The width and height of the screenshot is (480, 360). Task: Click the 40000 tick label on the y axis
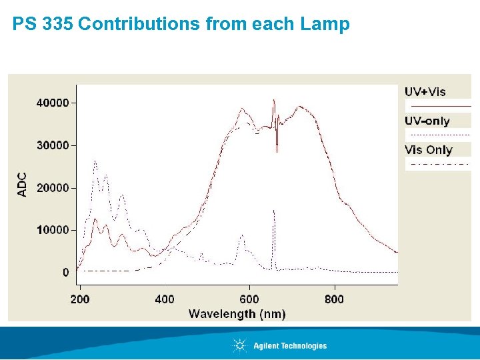point(51,103)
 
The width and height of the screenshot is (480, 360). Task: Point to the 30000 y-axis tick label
point(51,145)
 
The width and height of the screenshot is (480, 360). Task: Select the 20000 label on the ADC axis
point(51,188)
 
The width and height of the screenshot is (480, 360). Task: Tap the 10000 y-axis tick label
point(51,230)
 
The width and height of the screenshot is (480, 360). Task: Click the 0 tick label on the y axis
point(65,272)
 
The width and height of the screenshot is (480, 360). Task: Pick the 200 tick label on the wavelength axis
point(79,299)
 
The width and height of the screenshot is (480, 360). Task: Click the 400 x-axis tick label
point(165,299)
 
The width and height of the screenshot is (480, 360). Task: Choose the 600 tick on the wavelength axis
point(249,299)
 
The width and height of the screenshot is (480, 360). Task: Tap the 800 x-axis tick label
point(334,299)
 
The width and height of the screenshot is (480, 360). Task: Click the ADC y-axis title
point(22,184)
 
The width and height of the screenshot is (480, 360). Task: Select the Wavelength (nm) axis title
point(237,313)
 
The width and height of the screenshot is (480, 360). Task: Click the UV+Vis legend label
point(425,92)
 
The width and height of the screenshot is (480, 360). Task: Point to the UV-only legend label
point(427,121)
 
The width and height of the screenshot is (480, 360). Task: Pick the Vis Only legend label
point(429,149)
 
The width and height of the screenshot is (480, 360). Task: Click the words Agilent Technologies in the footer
point(290,346)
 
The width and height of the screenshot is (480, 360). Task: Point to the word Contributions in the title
point(139,25)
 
